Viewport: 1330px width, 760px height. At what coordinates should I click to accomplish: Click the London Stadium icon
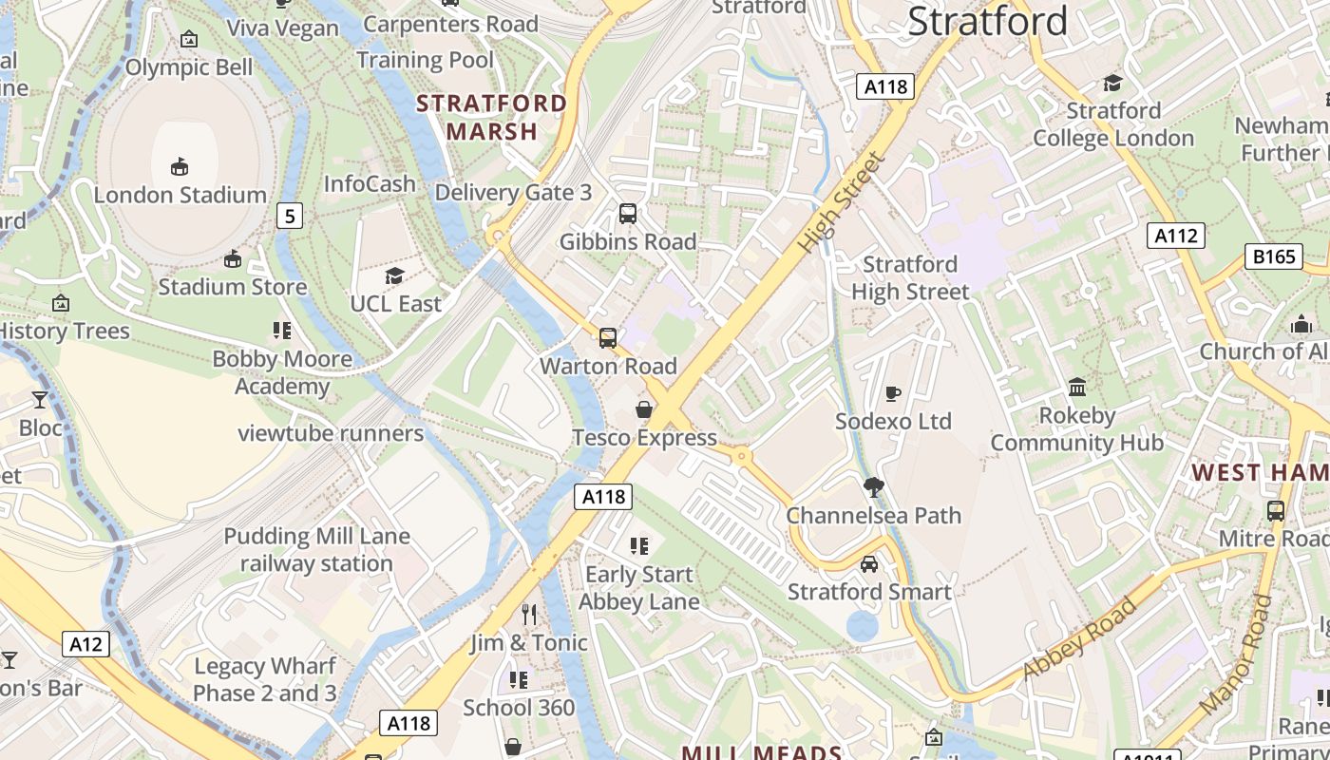click(179, 167)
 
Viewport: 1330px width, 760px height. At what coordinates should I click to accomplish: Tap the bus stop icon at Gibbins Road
click(628, 214)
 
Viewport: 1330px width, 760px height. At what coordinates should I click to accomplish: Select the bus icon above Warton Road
click(608, 337)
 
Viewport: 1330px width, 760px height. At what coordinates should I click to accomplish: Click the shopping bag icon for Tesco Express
click(644, 409)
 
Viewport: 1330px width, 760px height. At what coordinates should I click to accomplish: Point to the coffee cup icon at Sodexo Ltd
click(893, 393)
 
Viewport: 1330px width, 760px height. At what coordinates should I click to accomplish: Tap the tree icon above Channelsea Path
click(873, 488)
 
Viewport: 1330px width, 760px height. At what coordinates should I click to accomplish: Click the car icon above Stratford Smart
click(869, 564)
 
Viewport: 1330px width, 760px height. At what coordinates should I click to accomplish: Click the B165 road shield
click(1273, 256)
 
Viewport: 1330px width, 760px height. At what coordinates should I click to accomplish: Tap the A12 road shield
click(86, 644)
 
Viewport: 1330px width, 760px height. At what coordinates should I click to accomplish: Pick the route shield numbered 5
click(290, 216)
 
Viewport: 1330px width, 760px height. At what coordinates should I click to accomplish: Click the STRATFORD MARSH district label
click(492, 117)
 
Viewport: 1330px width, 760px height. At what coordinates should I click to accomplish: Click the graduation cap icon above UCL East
click(394, 275)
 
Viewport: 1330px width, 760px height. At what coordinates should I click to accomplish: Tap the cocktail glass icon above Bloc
click(40, 399)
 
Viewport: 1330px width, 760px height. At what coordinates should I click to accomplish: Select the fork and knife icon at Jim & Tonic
click(529, 615)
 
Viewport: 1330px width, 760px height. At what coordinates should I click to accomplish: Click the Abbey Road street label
click(1079, 638)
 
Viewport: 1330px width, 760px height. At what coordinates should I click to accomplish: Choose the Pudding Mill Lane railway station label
click(316, 549)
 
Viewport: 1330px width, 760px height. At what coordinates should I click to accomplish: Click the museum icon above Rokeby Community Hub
click(1077, 387)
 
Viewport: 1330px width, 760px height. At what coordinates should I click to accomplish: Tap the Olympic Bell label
click(189, 67)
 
